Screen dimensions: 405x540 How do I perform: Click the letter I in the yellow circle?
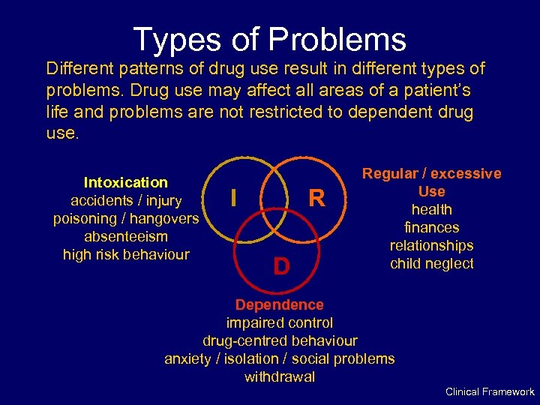235,197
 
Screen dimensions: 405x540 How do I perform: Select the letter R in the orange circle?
317,199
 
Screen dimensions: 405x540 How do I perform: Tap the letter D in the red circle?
280,266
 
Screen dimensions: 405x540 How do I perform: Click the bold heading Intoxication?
126,182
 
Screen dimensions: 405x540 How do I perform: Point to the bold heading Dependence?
279,304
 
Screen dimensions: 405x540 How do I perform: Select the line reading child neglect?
431,263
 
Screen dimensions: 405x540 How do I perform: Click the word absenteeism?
126,236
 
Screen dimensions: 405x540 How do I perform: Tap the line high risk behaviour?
126,254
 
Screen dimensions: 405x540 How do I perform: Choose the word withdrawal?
279,376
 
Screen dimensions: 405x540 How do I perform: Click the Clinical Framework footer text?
490,391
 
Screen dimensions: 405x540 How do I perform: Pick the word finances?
431,227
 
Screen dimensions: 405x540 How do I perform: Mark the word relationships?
431,245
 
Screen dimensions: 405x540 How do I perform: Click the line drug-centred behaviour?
279,340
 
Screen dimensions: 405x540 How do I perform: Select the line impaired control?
279,322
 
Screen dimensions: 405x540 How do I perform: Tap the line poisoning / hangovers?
126,218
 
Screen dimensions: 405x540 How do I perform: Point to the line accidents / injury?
126,200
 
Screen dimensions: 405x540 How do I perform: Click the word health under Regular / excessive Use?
431,209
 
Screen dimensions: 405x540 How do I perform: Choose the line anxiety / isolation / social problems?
279,358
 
